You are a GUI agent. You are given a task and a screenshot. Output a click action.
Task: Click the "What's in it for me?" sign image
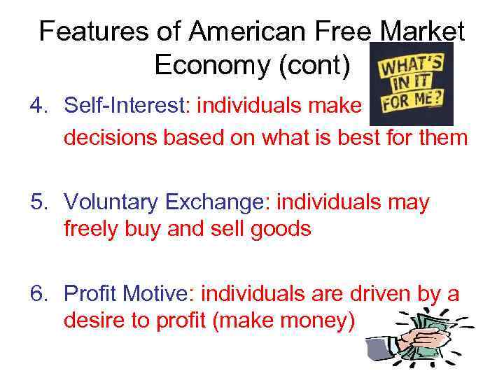point(411,84)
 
